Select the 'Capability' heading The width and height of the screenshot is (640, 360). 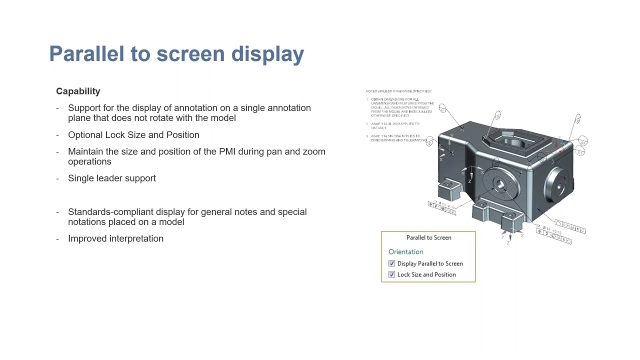78,91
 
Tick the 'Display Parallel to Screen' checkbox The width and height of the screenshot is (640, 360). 391,263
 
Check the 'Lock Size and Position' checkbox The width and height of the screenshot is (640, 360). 391,274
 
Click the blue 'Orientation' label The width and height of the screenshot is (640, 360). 405,251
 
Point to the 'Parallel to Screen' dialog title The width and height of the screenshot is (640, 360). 428,237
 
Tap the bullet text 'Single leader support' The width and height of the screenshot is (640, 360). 112,178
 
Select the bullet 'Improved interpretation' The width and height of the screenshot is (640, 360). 115,238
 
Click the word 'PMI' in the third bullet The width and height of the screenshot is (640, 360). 226,151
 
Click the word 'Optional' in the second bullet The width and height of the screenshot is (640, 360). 85,135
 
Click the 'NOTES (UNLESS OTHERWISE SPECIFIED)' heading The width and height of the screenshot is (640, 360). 398,91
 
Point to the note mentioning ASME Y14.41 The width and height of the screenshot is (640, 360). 395,125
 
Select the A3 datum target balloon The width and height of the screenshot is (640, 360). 582,142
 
